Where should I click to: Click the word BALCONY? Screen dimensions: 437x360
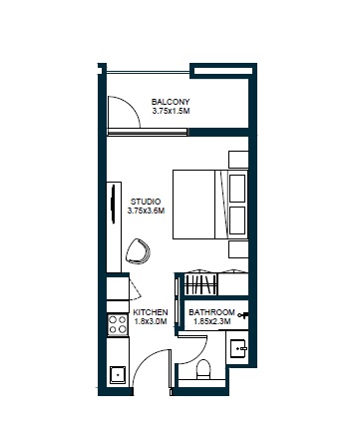171,102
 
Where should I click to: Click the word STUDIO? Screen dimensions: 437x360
146,201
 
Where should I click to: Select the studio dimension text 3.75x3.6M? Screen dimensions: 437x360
146,211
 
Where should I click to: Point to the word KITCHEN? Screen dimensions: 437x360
150,313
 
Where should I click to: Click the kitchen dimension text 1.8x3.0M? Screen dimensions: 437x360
150,323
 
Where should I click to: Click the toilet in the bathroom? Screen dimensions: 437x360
204,371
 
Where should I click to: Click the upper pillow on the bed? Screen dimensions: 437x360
237,188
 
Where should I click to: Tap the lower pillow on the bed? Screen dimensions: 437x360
237,219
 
